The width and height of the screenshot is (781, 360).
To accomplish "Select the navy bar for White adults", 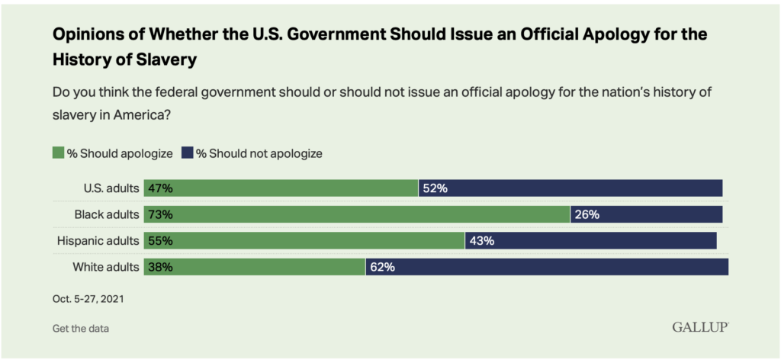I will (x=547, y=267).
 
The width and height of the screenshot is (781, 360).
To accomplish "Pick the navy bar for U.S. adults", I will (x=570, y=188).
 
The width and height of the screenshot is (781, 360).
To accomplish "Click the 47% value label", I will (x=160, y=188).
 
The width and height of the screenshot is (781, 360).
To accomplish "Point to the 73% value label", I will (x=160, y=214).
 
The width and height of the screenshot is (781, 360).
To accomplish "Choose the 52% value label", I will (x=435, y=188).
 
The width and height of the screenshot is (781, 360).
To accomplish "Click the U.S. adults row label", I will (x=111, y=188).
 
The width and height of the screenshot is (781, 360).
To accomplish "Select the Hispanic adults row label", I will (x=98, y=241).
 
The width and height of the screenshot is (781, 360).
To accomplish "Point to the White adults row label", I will (x=106, y=267).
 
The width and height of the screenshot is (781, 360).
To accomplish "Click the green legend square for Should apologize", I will (x=58, y=153).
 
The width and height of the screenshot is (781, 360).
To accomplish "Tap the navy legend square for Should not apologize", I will (x=188, y=153).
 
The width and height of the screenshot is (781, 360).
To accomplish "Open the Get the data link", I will (x=80, y=328).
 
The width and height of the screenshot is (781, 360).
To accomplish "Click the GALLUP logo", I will (x=699, y=327).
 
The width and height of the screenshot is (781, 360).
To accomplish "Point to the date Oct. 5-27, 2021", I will (x=88, y=299).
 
